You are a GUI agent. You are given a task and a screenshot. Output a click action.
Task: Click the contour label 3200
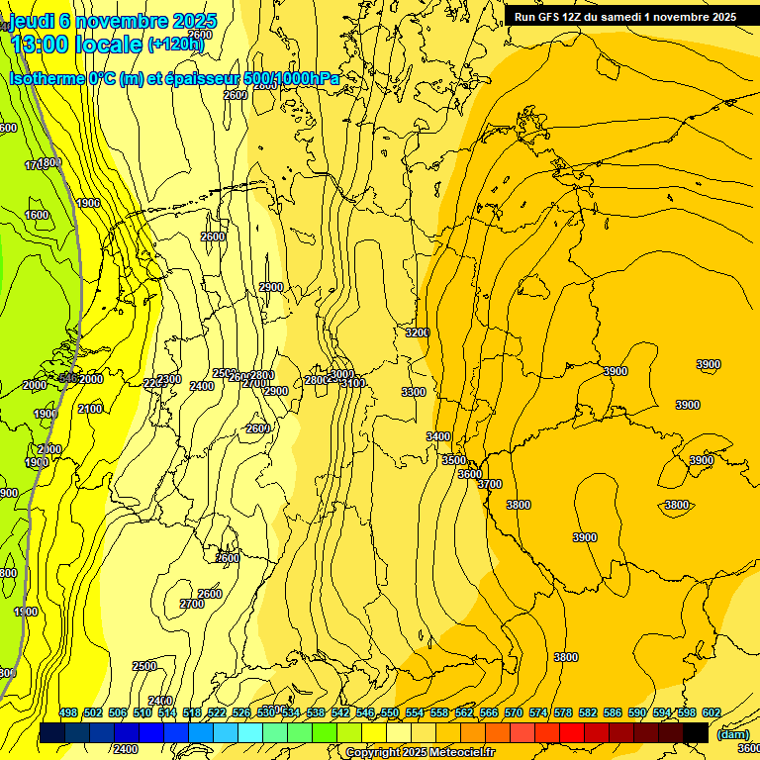417,333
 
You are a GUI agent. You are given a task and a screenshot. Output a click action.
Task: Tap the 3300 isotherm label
414,393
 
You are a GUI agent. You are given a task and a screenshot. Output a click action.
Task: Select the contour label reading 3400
438,436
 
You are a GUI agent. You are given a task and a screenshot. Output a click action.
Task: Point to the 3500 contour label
453,460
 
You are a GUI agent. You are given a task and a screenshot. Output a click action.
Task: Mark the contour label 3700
490,484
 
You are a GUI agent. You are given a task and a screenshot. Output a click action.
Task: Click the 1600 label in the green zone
37,215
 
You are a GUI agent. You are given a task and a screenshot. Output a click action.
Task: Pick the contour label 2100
90,409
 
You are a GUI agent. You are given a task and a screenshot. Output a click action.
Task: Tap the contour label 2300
169,379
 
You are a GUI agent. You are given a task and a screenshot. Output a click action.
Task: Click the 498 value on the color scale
68,712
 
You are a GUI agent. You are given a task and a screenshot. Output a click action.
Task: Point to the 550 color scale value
390,712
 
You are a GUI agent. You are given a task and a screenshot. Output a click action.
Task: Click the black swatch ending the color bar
696,732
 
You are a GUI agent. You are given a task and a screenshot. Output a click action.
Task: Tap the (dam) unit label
732,733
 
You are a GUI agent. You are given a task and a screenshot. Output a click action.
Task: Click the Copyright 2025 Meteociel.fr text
420,753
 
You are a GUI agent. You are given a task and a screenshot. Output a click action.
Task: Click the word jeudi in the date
30,21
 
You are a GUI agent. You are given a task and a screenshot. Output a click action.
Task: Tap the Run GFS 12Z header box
625,17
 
